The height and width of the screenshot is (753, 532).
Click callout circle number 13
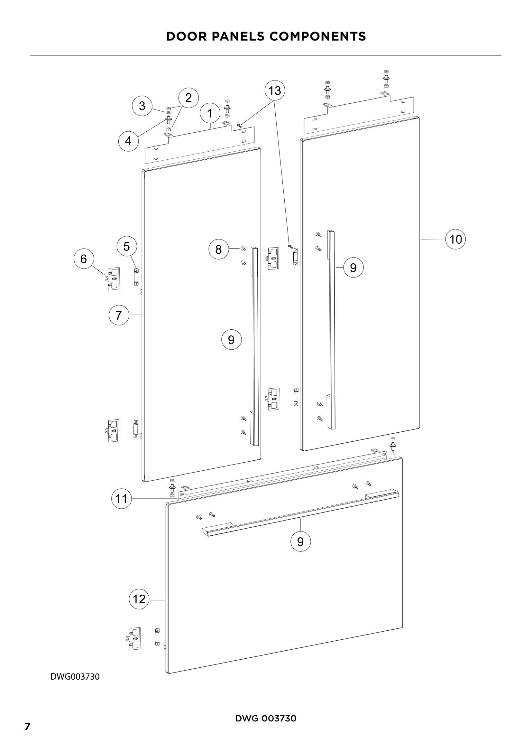[274, 90]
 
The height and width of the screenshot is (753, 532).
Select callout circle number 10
[456, 240]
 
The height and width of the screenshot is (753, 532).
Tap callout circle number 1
[210, 113]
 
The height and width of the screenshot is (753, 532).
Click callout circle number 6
[84, 259]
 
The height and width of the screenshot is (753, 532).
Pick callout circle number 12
[139, 599]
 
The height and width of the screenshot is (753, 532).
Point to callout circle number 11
[121, 499]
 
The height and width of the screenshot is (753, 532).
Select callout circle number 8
[218, 249]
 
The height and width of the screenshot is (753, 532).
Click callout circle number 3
[142, 106]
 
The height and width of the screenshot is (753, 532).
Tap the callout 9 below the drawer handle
[300, 541]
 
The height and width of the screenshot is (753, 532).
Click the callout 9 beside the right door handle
[353, 268]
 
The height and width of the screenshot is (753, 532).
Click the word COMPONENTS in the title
[317, 36]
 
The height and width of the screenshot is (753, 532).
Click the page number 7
[28, 726]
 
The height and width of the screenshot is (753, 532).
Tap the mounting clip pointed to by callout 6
[113, 279]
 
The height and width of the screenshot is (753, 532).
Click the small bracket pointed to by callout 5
[136, 277]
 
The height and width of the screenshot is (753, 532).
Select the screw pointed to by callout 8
[243, 249]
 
